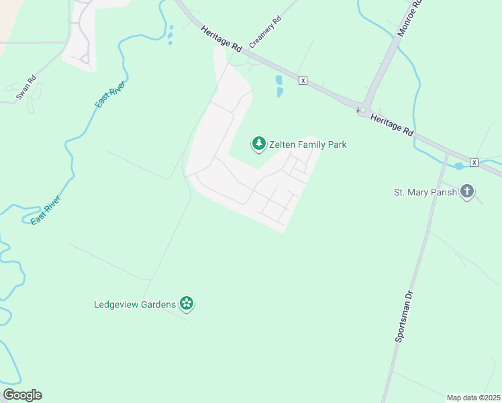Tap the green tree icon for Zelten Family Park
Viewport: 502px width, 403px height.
pyautogui.click(x=259, y=144)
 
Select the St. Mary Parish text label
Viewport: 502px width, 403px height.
pyautogui.click(x=425, y=192)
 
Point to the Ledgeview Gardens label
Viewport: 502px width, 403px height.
pyautogui.click(x=134, y=304)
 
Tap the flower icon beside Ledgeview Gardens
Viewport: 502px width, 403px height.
pyautogui.click(x=187, y=304)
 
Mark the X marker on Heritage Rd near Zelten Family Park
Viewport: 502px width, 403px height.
pyautogui.click(x=303, y=80)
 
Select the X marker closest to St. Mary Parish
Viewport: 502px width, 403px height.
pyautogui.click(x=474, y=163)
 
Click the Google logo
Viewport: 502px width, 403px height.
pyautogui.click(x=22, y=395)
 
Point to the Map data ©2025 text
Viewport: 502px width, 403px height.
pyautogui.click(x=473, y=397)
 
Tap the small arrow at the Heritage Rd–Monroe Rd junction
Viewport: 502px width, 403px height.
pyautogui.click(x=358, y=108)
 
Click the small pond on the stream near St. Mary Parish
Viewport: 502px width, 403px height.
pyautogui.click(x=458, y=166)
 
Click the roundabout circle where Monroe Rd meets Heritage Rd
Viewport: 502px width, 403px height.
pyautogui.click(x=363, y=109)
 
